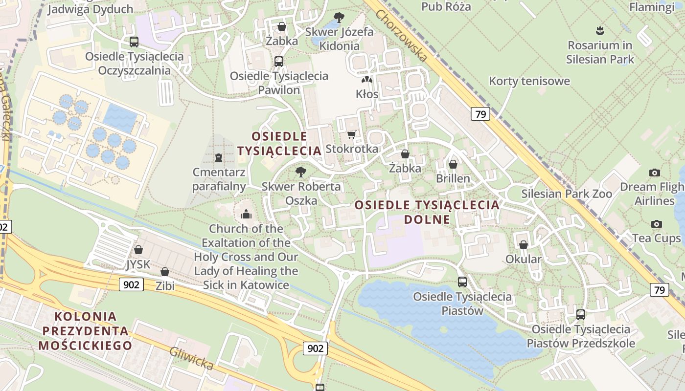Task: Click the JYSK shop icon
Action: coord(138,250)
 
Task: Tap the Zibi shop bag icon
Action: coord(165,272)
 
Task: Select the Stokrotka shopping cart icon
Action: coord(351,134)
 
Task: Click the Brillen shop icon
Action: coord(453,164)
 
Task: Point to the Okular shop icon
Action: coord(524,245)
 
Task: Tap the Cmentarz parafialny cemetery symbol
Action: coord(218,157)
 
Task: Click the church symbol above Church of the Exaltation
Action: coord(246,214)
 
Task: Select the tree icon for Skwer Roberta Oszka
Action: coord(301,172)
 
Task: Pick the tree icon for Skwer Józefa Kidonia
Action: coord(339,18)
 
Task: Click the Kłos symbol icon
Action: coord(367,79)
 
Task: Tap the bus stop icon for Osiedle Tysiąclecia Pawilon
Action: coord(279,62)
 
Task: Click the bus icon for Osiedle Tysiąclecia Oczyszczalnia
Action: coord(134,42)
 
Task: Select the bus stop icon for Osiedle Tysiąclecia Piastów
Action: coord(462,282)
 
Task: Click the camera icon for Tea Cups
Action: coord(657,224)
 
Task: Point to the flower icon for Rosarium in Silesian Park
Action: coord(600,31)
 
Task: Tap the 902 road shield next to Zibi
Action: coord(131,284)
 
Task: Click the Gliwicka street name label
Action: coord(191,358)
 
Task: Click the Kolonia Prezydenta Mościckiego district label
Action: coord(86,331)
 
